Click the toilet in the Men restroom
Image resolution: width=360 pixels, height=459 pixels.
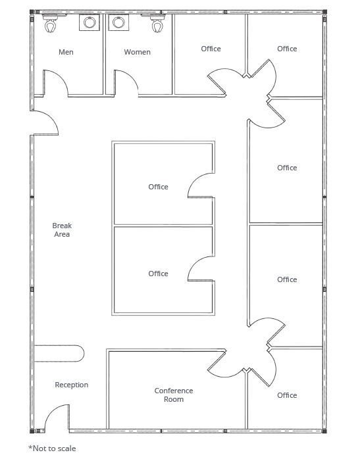pyautogui.click(x=51, y=24)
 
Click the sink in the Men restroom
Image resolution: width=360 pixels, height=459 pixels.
pyautogui.click(x=90, y=22)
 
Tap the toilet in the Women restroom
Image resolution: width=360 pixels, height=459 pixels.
pyautogui.click(x=157, y=24)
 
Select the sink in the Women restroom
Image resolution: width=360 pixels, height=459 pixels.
pyautogui.click(x=118, y=22)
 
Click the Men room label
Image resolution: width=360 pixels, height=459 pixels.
pyautogui.click(x=66, y=52)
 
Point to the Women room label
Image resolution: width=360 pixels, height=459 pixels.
pyautogui.click(x=137, y=52)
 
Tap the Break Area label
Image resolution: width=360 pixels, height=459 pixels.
pyautogui.click(x=62, y=229)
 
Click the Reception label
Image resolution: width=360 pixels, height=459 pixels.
pyautogui.click(x=72, y=385)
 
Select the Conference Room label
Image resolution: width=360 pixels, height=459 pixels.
pyautogui.click(x=174, y=395)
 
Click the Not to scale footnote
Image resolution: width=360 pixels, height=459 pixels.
pyautogui.click(x=52, y=448)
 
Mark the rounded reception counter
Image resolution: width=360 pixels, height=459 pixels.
pyautogui.click(x=59, y=354)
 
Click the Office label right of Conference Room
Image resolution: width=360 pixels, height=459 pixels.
pyautogui.click(x=287, y=395)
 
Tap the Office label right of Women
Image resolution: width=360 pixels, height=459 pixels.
pyautogui.click(x=211, y=49)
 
